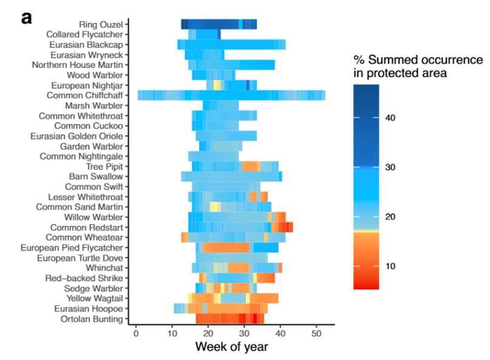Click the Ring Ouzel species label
[x=101, y=24]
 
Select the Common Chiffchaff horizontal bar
[x=231, y=95]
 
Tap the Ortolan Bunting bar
[x=230, y=319]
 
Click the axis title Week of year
[x=227, y=347]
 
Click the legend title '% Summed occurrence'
[x=418, y=60]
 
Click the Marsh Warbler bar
[x=220, y=106]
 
